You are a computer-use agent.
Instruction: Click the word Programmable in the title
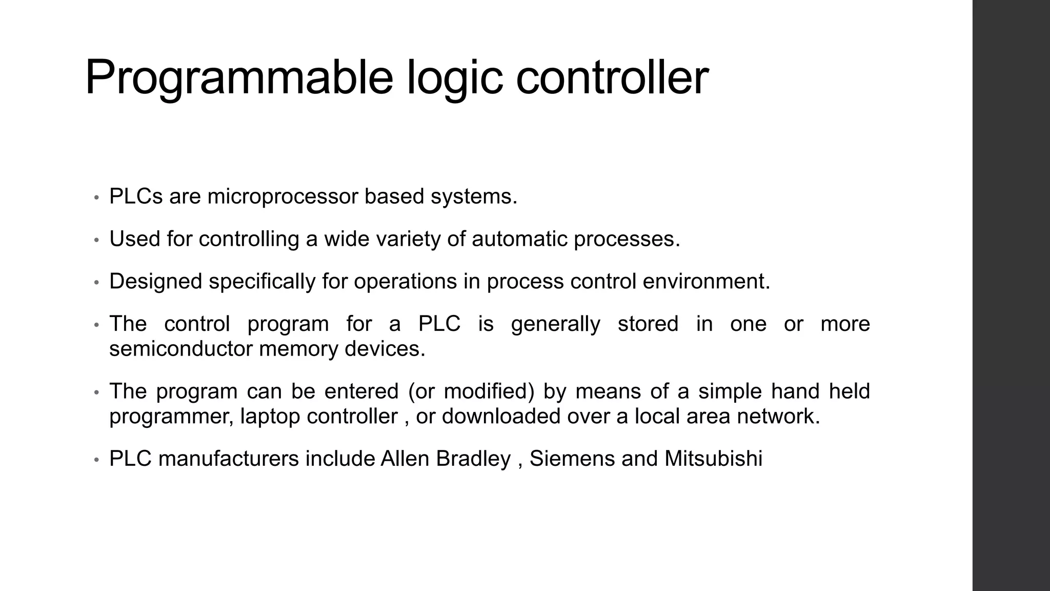[x=238, y=78]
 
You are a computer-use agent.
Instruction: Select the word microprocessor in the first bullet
[x=282, y=197]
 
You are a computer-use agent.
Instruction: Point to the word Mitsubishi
[x=713, y=459]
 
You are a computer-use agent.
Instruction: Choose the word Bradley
[x=473, y=459]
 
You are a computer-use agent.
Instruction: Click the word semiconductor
[x=180, y=349]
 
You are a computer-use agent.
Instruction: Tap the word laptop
[x=270, y=417]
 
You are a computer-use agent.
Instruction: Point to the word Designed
[x=156, y=282]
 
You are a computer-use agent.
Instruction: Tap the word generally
[x=555, y=324]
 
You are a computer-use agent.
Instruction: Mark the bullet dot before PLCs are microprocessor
[x=96, y=198]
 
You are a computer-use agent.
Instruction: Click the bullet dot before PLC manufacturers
[x=96, y=460]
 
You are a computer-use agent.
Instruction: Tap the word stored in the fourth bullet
[x=648, y=324]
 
